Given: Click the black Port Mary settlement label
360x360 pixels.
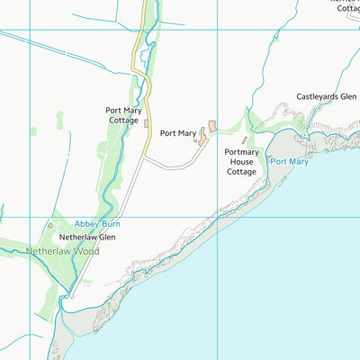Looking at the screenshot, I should [x=178, y=133].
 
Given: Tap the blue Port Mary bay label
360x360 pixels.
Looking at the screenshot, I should [x=289, y=162].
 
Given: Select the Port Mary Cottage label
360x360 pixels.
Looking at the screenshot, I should [x=122, y=114].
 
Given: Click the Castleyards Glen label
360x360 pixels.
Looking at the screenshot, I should [x=327, y=96].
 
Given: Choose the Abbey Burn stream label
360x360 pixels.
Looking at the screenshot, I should [x=97, y=222].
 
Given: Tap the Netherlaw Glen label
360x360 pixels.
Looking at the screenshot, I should [x=87, y=237].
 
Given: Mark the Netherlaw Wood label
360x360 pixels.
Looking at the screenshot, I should [x=63, y=251].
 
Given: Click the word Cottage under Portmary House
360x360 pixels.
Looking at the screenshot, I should [x=241, y=171].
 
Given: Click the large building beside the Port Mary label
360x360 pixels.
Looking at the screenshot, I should [x=212, y=125].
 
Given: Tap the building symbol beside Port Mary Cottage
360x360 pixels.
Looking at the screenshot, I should [x=145, y=123].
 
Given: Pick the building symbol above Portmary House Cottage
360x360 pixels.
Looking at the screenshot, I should [x=245, y=140].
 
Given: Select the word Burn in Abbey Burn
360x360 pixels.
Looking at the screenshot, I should [x=111, y=222].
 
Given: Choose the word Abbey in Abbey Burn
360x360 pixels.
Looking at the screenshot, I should [x=86, y=222].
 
